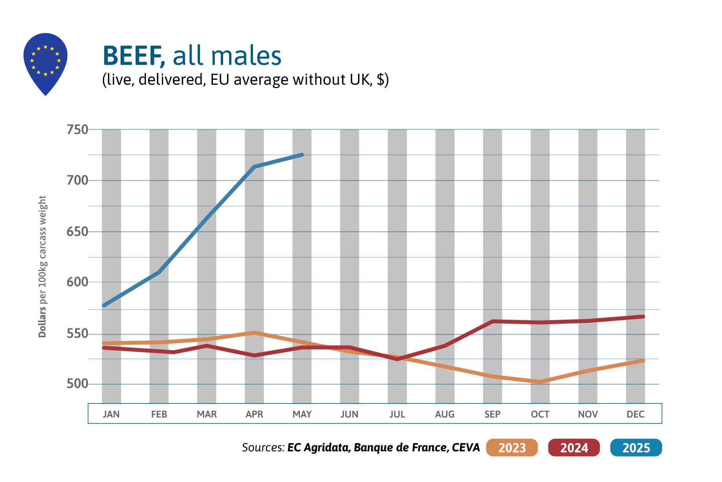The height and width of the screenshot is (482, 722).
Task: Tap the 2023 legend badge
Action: coord(511,447)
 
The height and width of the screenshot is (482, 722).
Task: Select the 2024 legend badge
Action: coord(574,447)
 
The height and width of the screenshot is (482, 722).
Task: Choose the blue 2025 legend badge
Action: coord(636,447)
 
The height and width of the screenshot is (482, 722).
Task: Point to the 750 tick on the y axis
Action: coord(77,129)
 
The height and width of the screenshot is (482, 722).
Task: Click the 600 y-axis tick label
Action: coord(77,282)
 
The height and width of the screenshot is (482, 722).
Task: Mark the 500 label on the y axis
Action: coord(77,384)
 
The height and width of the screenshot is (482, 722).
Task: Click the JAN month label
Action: coord(111,414)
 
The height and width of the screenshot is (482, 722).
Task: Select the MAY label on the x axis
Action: coord(302,414)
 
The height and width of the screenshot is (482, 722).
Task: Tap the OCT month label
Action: coord(540,414)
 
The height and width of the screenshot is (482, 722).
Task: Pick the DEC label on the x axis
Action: coord(635,414)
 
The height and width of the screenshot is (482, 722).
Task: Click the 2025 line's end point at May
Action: coord(302,155)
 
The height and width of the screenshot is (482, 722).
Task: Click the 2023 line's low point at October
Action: coord(540,381)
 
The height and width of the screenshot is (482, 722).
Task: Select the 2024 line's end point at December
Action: coord(643,317)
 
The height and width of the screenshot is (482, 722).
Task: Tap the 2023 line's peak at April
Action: coord(255,333)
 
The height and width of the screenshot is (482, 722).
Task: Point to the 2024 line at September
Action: coord(493,321)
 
